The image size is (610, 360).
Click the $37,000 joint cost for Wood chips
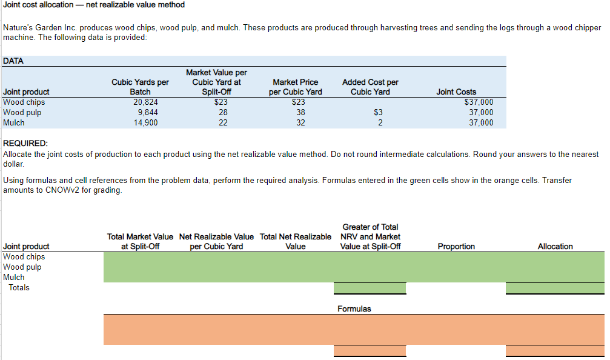click(478, 102)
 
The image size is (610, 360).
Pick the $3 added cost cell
click(379, 112)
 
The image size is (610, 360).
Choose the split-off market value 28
click(222, 112)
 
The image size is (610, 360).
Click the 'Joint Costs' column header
click(456, 92)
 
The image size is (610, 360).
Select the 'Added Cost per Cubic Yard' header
click(370, 87)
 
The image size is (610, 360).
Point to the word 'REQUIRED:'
click(25, 144)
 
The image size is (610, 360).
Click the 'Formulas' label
click(354, 309)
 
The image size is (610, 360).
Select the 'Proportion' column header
click(456, 246)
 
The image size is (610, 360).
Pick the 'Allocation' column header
click(555, 246)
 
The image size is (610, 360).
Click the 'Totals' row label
click(19, 287)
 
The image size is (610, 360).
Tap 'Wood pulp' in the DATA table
click(22, 112)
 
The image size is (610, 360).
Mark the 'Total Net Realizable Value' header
click(295, 241)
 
